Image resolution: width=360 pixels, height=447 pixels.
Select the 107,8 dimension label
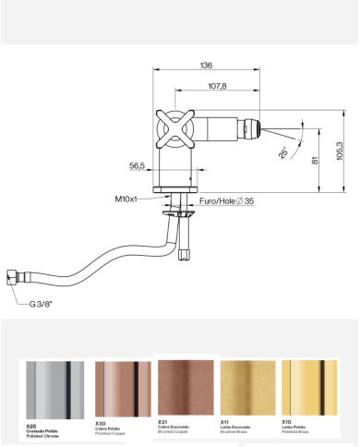[218, 86]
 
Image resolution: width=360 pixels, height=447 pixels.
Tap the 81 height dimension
[316, 160]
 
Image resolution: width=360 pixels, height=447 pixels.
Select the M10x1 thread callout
[126, 199]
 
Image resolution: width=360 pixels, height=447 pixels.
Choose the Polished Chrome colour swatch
[54, 389]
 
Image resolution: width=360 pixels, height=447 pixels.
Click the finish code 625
[32, 426]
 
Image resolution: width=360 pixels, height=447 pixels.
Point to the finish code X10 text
[286, 421]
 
